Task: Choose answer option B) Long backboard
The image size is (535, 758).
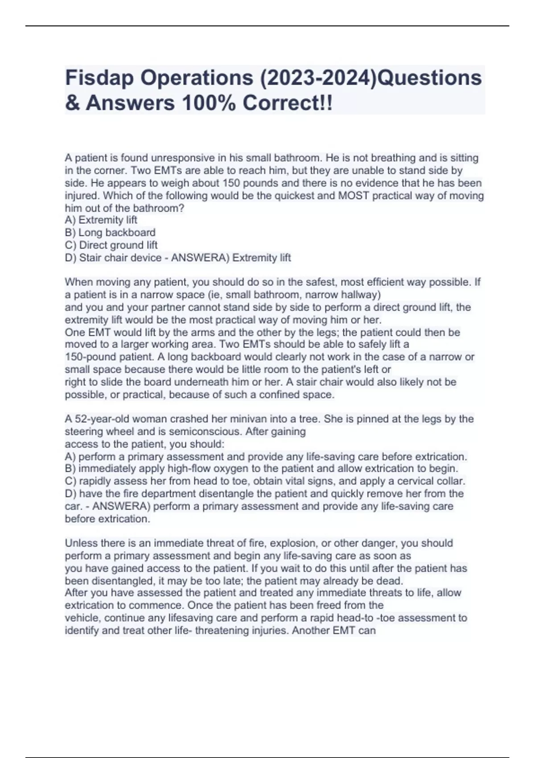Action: click(110, 232)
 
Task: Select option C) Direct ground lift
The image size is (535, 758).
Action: click(111, 245)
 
